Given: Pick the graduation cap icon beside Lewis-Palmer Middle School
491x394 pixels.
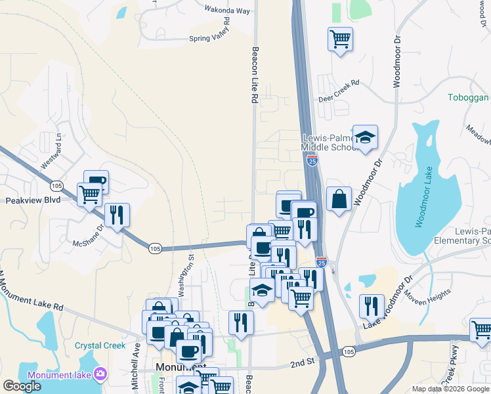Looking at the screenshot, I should pyautogui.click(x=365, y=137).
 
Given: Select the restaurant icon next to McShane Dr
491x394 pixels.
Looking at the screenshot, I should pyautogui.click(x=117, y=215).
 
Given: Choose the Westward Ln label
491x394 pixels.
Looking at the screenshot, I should pyautogui.click(x=53, y=152).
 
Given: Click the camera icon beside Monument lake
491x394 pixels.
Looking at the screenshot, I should pyautogui.click(x=100, y=374).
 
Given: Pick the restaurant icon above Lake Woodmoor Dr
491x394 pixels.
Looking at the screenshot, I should pyautogui.click(x=372, y=306).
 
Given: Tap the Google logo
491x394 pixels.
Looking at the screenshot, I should pyautogui.click(x=22, y=386).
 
